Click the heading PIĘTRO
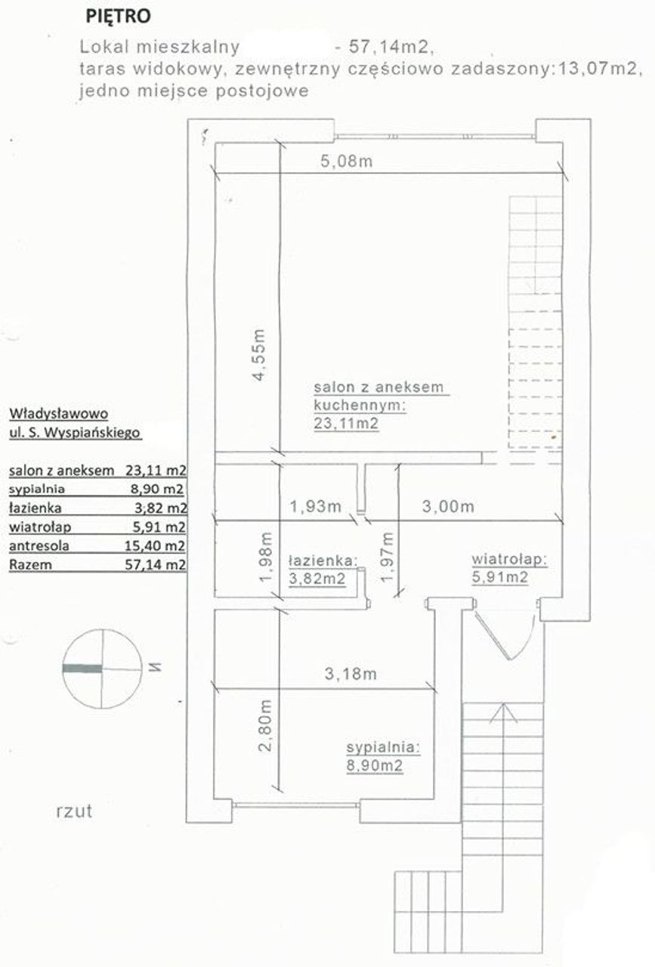(x=119, y=16)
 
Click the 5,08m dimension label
(x=346, y=161)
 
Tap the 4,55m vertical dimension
(x=258, y=355)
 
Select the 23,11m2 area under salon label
(x=346, y=423)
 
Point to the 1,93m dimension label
(x=315, y=506)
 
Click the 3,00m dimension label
(x=448, y=506)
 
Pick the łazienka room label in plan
(x=323, y=561)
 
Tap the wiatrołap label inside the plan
(x=509, y=559)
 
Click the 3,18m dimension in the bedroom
(x=351, y=673)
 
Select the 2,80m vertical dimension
(x=265, y=726)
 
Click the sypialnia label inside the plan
(x=383, y=747)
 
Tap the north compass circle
(x=102, y=669)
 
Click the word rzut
(x=74, y=811)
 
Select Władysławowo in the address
(x=59, y=413)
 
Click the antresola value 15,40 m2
(x=155, y=545)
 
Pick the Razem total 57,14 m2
(x=156, y=564)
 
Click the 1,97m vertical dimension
(x=387, y=558)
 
